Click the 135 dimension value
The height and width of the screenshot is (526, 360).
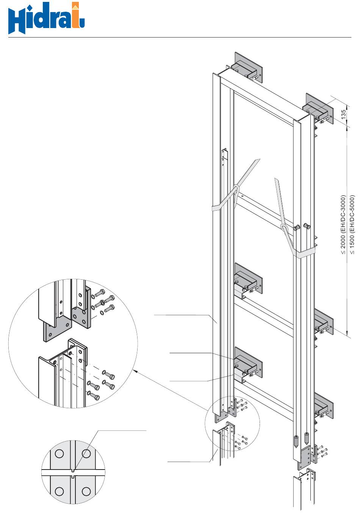pyautogui.click(x=343, y=114)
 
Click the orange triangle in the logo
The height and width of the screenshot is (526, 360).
pyautogui.click(x=76, y=6)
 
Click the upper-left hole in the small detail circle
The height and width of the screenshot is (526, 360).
pyautogui.click(x=59, y=453)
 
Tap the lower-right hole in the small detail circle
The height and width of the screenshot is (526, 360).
pyautogui.click(x=86, y=492)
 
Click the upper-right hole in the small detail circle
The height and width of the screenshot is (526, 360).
pyautogui.click(x=86, y=453)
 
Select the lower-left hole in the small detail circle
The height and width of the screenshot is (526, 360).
pyautogui.click(x=59, y=492)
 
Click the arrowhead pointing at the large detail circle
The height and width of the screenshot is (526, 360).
pyautogui.click(x=135, y=372)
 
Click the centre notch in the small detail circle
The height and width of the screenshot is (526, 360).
pyautogui.click(x=73, y=472)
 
